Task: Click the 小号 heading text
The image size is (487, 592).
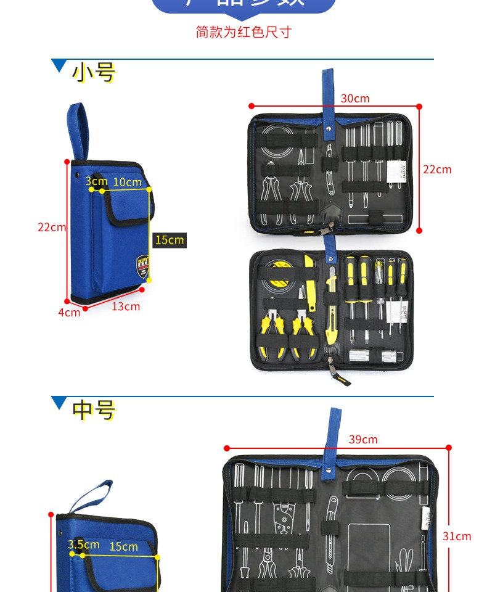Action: (94, 72)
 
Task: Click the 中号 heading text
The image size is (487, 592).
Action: (94, 409)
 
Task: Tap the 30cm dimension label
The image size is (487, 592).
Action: (354, 98)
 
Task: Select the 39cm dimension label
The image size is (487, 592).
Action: (363, 440)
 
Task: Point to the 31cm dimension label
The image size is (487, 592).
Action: (457, 536)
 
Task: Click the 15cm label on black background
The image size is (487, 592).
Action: (169, 240)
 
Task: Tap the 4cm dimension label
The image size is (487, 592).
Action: (69, 313)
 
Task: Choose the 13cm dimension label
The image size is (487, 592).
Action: (126, 306)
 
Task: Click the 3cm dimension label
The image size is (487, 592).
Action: (96, 181)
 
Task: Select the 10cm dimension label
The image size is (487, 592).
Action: (127, 182)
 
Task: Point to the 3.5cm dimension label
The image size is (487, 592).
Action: (83, 545)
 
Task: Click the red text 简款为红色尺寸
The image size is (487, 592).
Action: (243, 32)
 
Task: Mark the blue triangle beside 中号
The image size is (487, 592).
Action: (60, 403)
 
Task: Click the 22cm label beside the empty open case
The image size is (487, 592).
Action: (437, 169)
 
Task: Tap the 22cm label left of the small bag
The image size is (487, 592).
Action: (52, 227)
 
